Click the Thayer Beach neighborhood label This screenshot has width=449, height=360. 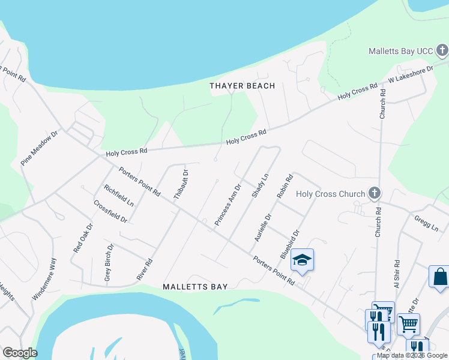[x=242, y=86]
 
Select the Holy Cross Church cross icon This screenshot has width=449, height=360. [x=375, y=193]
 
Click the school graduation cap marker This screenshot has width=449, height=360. [x=303, y=260]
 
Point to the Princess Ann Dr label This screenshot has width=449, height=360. [x=228, y=205]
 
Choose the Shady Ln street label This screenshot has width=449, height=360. [x=259, y=184]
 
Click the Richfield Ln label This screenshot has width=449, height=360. [x=118, y=195]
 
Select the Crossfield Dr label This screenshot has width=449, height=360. [x=110, y=211]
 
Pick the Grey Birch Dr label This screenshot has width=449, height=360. [x=109, y=262]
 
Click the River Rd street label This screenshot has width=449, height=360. [x=145, y=269]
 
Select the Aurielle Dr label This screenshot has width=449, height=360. [x=263, y=227]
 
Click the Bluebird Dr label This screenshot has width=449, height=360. [x=289, y=244]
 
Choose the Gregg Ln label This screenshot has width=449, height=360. [x=426, y=223]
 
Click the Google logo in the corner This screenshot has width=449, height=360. [x=19, y=353]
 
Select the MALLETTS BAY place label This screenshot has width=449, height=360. [x=195, y=287]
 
